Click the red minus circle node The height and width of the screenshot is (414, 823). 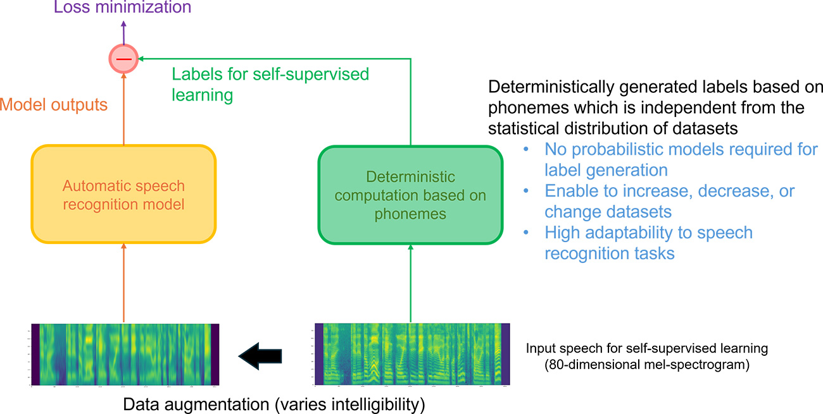point(123,59)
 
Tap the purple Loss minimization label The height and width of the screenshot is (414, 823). point(122,8)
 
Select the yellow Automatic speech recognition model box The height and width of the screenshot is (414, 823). point(123,195)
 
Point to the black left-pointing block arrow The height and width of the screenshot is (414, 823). point(260,356)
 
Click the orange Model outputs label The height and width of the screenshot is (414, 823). point(53,104)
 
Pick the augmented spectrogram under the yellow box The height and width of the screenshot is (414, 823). point(125,355)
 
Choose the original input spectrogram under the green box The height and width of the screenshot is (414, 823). point(412,355)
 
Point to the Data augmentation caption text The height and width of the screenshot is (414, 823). point(273,404)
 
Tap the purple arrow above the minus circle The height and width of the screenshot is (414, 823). point(123,32)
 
